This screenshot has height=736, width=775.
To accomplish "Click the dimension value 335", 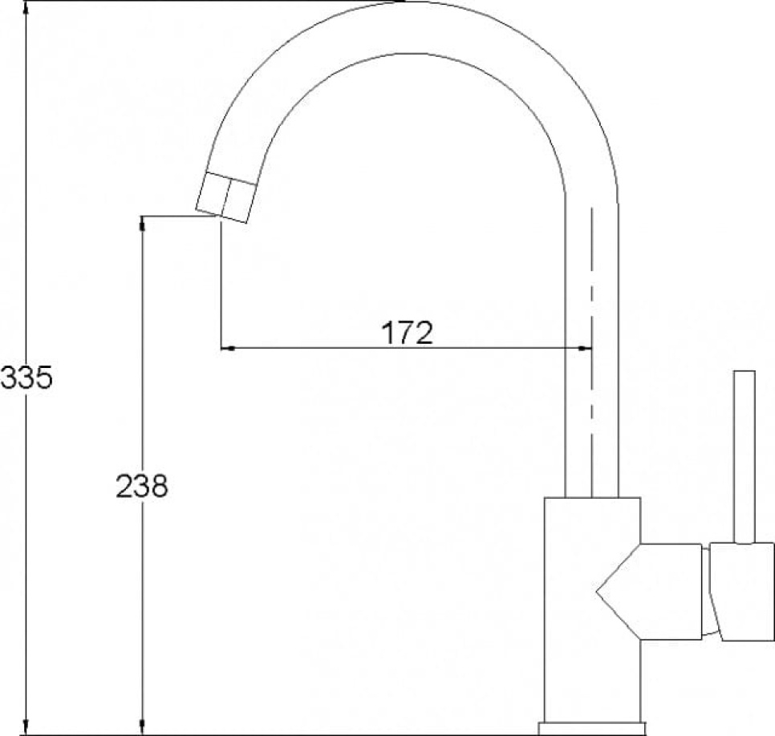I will (x=26, y=377).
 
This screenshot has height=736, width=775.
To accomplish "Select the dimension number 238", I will (x=142, y=486).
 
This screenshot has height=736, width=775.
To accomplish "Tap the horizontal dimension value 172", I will (x=406, y=332).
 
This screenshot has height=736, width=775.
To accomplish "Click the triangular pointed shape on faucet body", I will (x=618, y=592).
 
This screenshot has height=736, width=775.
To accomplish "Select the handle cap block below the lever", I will (x=743, y=591).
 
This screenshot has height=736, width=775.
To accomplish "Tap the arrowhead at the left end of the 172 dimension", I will (x=227, y=348).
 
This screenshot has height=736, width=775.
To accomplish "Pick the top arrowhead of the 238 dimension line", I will (x=143, y=224).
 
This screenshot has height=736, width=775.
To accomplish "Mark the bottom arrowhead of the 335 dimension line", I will (x=26, y=726).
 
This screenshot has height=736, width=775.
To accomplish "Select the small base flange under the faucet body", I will (x=593, y=729).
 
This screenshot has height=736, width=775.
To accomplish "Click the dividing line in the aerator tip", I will (x=227, y=198).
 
